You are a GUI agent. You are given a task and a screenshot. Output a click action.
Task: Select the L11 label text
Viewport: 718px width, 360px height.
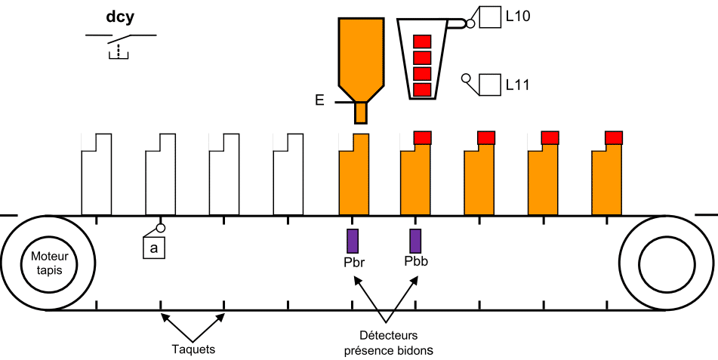(517, 85)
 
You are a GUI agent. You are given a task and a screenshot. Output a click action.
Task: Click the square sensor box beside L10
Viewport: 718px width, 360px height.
(490, 17)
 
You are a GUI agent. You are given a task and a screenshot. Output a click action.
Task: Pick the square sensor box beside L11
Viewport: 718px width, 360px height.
(489, 85)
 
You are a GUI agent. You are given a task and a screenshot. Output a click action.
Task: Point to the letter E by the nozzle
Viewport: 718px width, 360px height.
(319, 100)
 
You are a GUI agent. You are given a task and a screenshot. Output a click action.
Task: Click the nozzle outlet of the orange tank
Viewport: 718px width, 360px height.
(361, 112)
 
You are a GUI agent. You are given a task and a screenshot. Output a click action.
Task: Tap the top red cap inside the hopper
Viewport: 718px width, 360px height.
(422, 42)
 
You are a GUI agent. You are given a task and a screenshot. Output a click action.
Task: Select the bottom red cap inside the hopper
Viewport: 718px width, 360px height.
(422, 90)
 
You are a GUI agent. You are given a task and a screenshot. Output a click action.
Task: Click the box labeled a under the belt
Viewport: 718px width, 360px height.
(154, 248)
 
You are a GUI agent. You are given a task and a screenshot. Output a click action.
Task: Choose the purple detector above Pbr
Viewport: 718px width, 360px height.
(353, 241)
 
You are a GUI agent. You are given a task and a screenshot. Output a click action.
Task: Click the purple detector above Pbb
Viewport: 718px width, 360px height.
(415, 241)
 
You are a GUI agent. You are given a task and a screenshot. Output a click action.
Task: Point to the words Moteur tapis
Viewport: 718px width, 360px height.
(48, 263)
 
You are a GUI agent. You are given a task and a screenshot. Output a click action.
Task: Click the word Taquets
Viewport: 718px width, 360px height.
(193, 349)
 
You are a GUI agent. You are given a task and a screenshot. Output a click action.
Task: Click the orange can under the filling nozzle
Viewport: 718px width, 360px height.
(354, 174)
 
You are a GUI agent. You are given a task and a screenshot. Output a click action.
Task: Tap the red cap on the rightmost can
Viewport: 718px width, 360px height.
(614, 137)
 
